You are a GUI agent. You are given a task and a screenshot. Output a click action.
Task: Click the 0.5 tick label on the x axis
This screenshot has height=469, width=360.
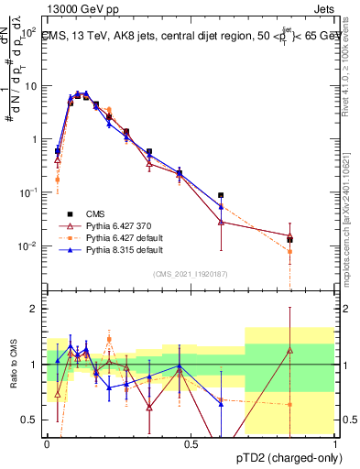click(x=191, y=442)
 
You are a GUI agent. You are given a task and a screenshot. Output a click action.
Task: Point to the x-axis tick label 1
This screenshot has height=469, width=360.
click(x=335, y=442)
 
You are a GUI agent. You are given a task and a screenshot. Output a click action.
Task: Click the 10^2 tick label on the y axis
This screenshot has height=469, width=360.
click(x=27, y=31)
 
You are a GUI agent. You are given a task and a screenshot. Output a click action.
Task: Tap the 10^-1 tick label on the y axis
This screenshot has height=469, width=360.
click(x=27, y=192)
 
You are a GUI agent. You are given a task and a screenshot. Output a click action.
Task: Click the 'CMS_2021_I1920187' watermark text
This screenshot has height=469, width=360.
click(x=190, y=272)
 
